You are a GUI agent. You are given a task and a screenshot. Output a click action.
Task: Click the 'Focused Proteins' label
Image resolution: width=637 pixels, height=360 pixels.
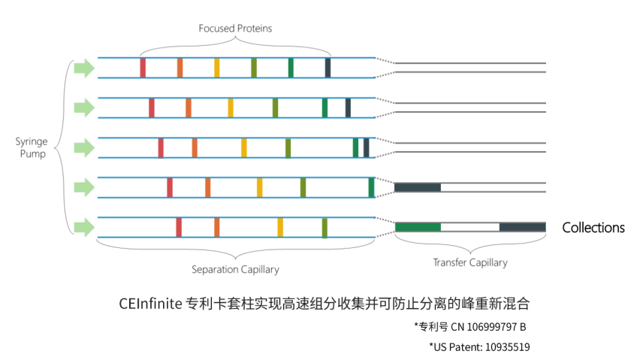coord(235,29)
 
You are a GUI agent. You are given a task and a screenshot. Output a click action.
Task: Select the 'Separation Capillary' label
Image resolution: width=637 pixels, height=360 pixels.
coord(235,269)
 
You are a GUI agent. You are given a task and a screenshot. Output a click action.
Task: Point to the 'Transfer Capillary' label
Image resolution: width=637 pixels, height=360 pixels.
coord(470,263)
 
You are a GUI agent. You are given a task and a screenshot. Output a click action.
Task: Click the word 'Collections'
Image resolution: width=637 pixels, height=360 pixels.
coord(593,228)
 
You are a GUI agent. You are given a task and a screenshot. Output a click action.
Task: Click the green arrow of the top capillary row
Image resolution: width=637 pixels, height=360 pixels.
coord(84,68)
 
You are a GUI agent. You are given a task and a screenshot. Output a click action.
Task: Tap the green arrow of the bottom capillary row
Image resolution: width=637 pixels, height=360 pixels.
coord(84,227)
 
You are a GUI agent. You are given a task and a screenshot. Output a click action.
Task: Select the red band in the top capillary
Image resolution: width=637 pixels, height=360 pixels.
coord(143,68)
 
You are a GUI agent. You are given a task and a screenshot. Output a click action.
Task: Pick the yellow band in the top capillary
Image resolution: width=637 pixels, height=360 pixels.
coord(217,68)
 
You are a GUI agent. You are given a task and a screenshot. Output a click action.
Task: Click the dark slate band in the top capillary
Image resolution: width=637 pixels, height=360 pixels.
coord(328,68)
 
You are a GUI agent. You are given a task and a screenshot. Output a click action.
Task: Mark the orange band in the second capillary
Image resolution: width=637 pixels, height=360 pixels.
coord(189,107)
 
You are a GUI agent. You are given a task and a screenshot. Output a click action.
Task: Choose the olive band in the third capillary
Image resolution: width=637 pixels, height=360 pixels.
coord(288,147)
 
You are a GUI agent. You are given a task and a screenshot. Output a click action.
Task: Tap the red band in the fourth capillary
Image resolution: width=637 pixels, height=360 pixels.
coord(170,187)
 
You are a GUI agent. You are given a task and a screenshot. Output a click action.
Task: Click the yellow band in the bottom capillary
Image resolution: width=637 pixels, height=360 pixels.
coord(280,227)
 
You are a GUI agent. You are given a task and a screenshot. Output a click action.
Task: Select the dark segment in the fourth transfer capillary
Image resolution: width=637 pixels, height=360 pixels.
coord(418,187)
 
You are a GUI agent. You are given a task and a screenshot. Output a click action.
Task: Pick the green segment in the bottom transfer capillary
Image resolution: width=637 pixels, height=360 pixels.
coord(418,227)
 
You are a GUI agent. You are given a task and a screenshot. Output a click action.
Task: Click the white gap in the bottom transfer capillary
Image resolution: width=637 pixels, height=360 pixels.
coord(469,227)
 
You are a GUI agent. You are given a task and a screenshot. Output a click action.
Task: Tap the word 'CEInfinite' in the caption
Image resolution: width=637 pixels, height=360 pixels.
coord(149,304)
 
